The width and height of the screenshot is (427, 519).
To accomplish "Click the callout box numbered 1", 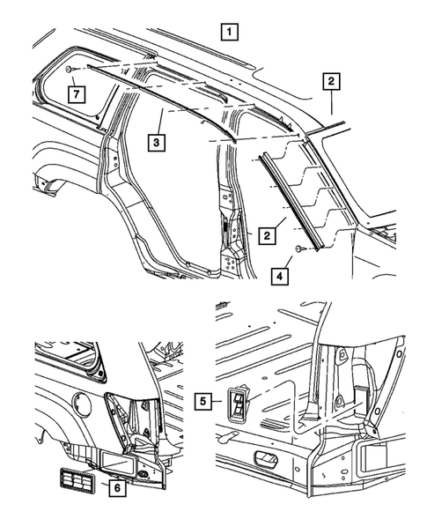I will (228, 33).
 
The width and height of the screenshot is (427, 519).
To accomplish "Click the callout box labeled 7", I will (77, 93).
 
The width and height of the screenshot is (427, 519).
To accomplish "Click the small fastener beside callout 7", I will (69, 69).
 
